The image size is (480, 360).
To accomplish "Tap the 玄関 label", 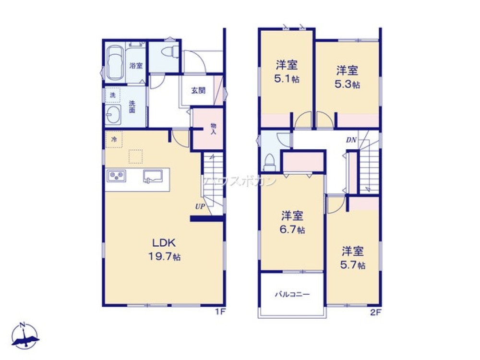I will coord(198,90).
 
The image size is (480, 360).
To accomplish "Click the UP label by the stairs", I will coord(200,207).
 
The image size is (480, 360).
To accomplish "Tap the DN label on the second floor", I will coord(351,140).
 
